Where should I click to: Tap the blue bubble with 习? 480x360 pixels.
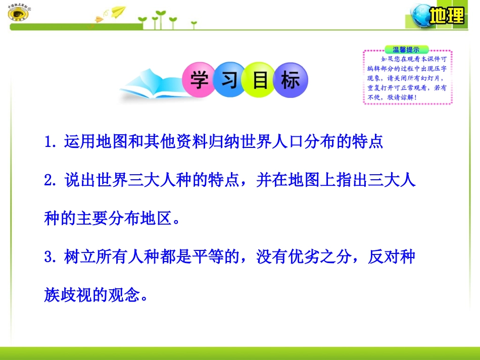pyautogui.click(x=230, y=80)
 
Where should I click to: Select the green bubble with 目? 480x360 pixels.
pyautogui.click(x=260, y=80)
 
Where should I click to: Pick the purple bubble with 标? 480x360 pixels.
pyautogui.click(x=290, y=80)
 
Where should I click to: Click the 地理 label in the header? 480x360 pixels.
pyautogui.click(x=447, y=16)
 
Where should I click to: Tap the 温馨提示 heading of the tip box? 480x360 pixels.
pyautogui.click(x=407, y=49)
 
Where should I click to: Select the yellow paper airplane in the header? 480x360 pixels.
pyautogui.click(x=118, y=11)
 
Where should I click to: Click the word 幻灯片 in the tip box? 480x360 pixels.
pyautogui.click(x=430, y=79)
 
